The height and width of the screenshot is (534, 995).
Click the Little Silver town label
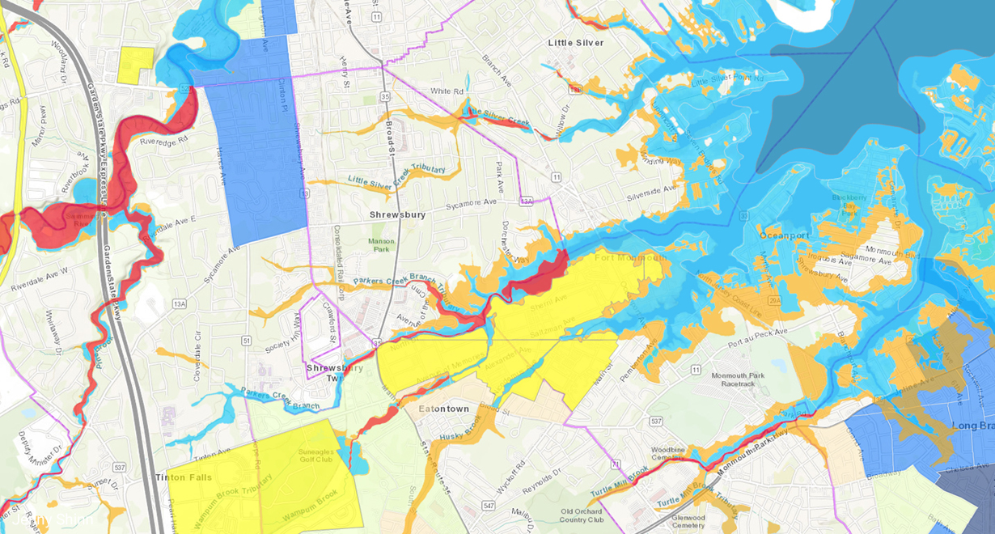click(x=575, y=43)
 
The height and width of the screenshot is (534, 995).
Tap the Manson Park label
click(x=380, y=244)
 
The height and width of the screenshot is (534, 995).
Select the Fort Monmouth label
click(x=631, y=258)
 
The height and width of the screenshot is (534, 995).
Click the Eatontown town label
click(x=443, y=409)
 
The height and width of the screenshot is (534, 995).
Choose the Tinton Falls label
click(x=184, y=477)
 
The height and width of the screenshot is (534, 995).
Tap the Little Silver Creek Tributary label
click(x=396, y=176)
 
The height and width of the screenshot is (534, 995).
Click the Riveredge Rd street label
click(x=163, y=139)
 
